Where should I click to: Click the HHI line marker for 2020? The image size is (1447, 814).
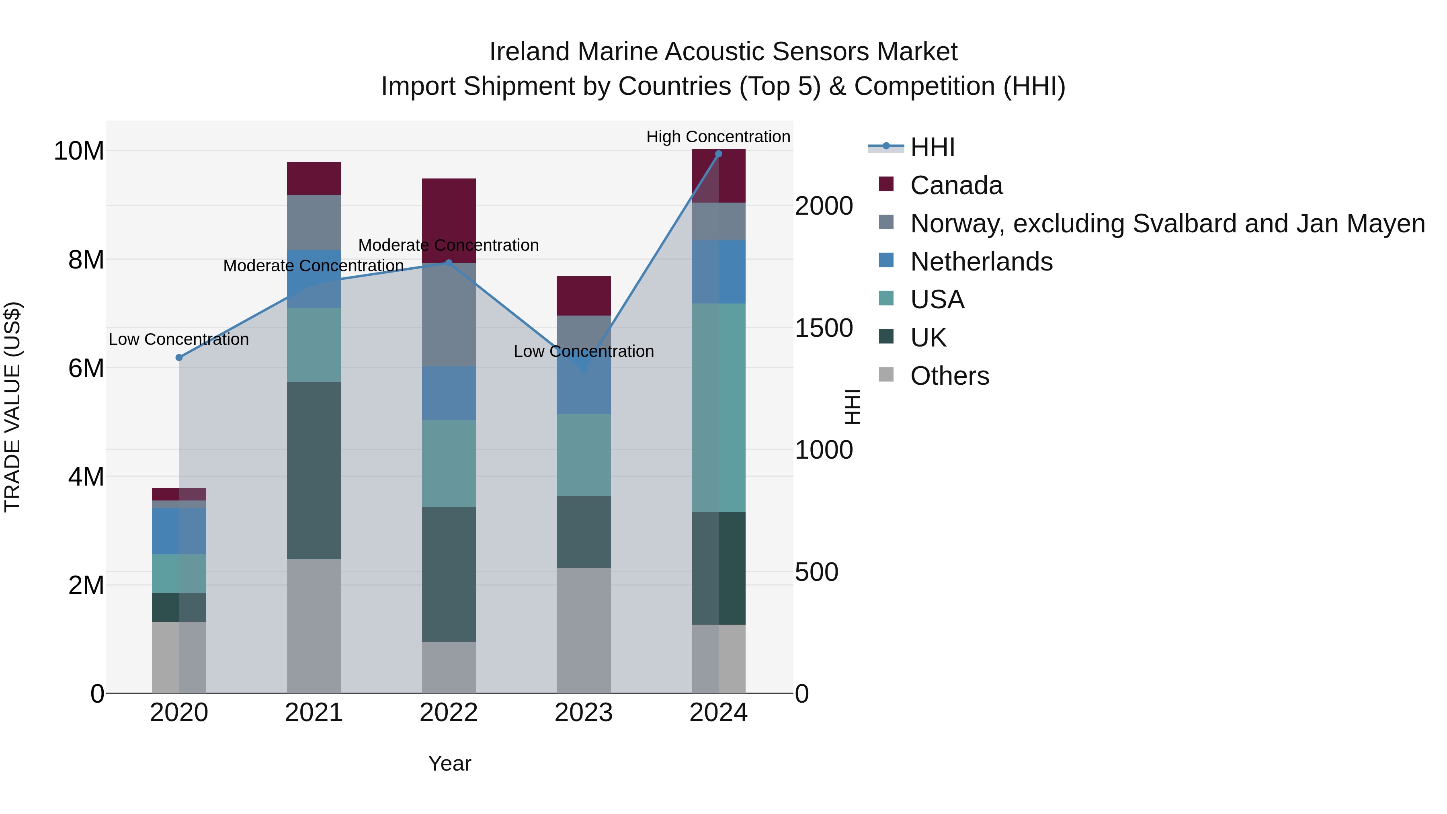pos(179,358)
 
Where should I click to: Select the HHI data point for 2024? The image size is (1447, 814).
pos(718,154)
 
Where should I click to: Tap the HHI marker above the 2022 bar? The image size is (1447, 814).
pos(449,262)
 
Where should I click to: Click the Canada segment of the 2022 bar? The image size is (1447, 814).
pos(449,220)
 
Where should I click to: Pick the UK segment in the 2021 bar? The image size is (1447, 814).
pos(314,470)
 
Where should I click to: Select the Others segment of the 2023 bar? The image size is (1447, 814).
pos(584,630)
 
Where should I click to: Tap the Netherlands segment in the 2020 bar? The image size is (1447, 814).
pos(179,531)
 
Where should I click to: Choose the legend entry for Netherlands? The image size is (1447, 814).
pos(981,262)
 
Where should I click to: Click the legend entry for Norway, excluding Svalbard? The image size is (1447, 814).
pos(1167,223)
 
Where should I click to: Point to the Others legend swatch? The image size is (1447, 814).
pos(886,374)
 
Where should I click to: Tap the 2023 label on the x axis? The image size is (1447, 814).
pos(584,713)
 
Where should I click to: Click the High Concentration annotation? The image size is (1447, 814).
pos(718,137)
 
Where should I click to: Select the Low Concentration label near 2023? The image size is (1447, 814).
pos(584,352)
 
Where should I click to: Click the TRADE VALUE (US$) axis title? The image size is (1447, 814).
pos(12,407)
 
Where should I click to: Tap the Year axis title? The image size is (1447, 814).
pos(449,763)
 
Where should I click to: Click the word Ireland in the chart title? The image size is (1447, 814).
pos(530,52)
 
